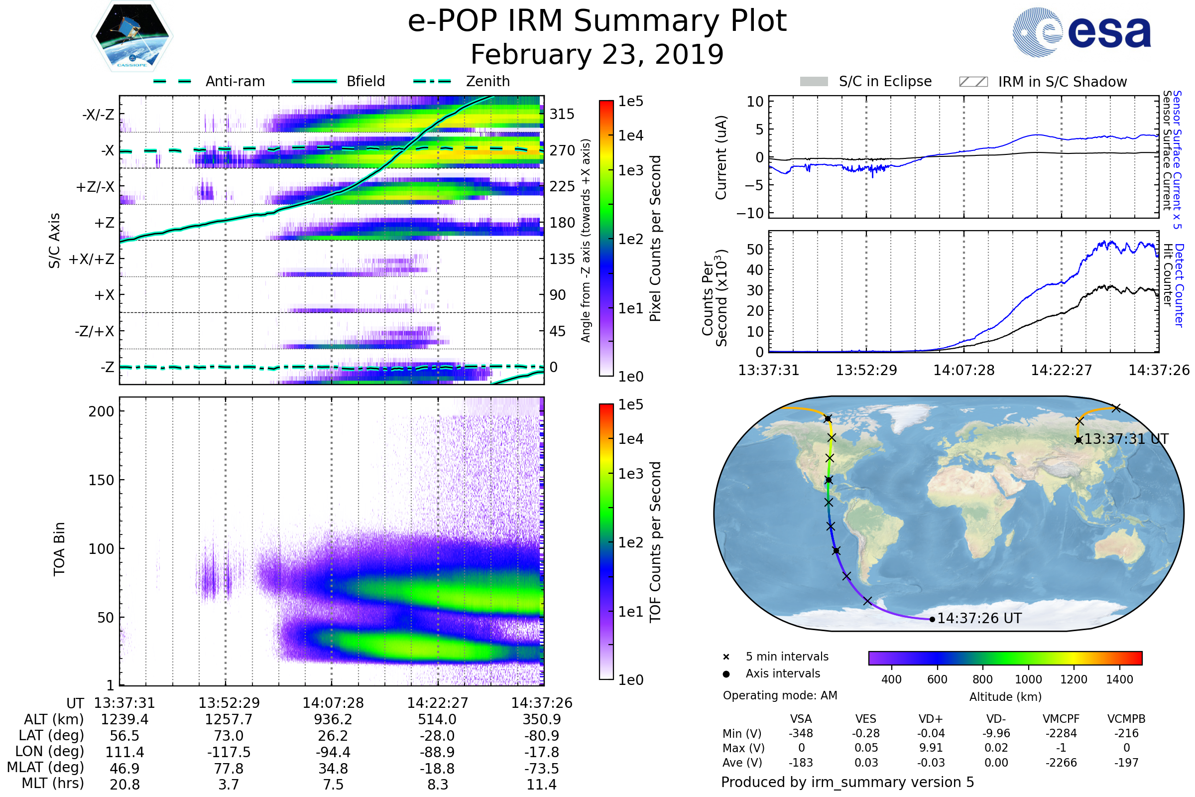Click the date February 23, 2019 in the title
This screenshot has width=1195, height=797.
(597, 54)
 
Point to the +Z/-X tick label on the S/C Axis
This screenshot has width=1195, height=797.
(95, 187)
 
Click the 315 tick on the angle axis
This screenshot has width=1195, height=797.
(562, 114)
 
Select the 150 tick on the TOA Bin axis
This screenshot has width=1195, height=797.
(101, 480)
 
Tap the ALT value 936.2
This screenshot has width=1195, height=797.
(333, 720)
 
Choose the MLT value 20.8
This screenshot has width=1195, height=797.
(124, 784)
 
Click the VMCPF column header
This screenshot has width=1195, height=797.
(1061, 719)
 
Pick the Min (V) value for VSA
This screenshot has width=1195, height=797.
(801, 733)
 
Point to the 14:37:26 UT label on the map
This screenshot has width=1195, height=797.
(979, 619)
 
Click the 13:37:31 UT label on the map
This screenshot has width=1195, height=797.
(1126, 439)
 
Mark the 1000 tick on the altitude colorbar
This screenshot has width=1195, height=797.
(1028, 679)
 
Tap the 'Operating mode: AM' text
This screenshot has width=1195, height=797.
(780, 695)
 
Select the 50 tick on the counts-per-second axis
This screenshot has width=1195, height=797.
(755, 249)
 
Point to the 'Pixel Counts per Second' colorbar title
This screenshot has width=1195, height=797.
(655, 239)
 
